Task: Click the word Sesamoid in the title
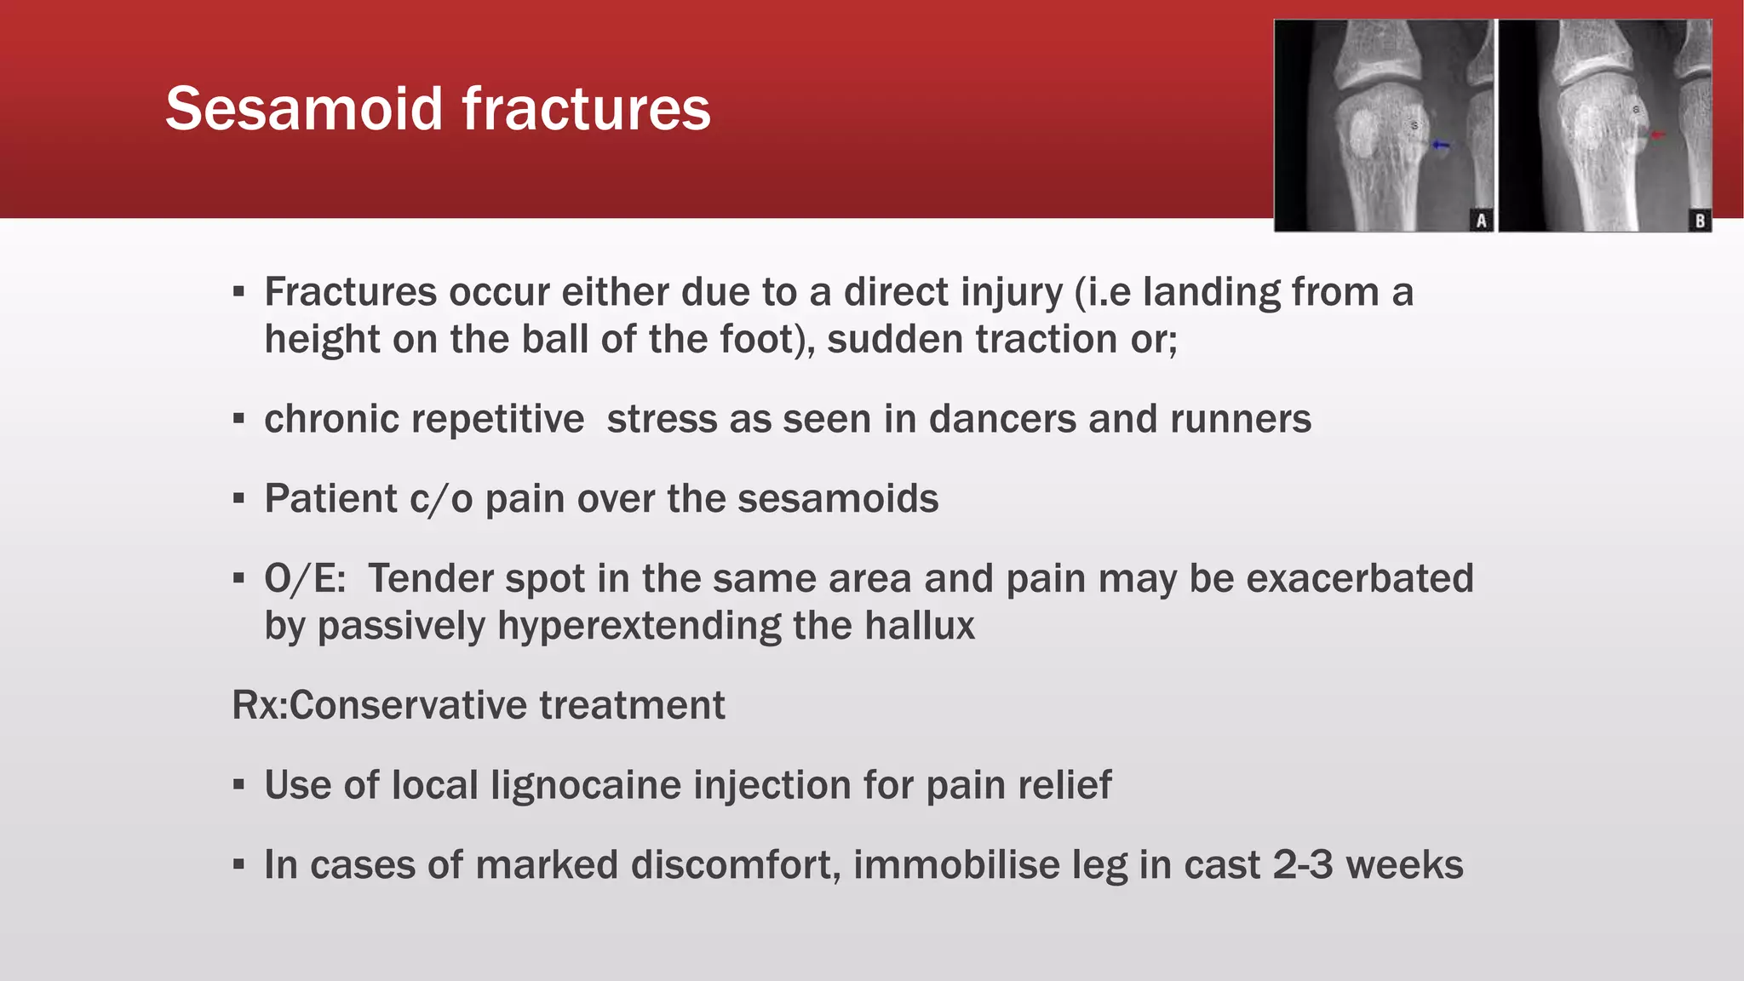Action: coord(305,109)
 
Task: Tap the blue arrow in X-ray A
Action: coord(1440,146)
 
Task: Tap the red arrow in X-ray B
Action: coord(1656,135)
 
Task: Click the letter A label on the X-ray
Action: coord(1482,221)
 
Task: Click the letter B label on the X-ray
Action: coord(1700,221)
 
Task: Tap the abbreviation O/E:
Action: coord(305,579)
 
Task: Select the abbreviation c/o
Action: coord(440,499)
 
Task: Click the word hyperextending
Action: coord(639,626)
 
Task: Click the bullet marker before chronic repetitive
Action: coord(238,420)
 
